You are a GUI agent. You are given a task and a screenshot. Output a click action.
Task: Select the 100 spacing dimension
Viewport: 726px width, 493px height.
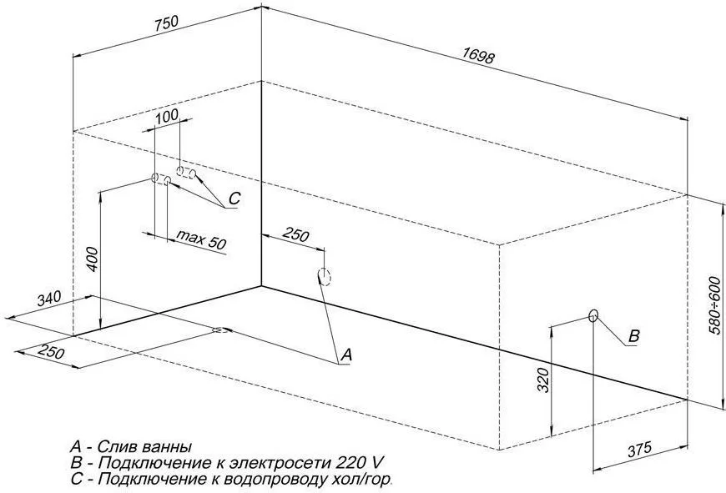pos(167,116)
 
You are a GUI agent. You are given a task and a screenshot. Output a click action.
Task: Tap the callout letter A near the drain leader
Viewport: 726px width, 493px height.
pos(346,355)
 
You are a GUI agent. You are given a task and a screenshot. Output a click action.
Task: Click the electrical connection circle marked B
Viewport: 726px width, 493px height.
pos(593,315)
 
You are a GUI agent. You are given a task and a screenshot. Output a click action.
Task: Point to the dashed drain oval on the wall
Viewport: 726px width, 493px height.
pos(325,277)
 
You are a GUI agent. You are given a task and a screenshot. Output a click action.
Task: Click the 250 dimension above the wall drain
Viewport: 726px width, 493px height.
pos(295,236)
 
